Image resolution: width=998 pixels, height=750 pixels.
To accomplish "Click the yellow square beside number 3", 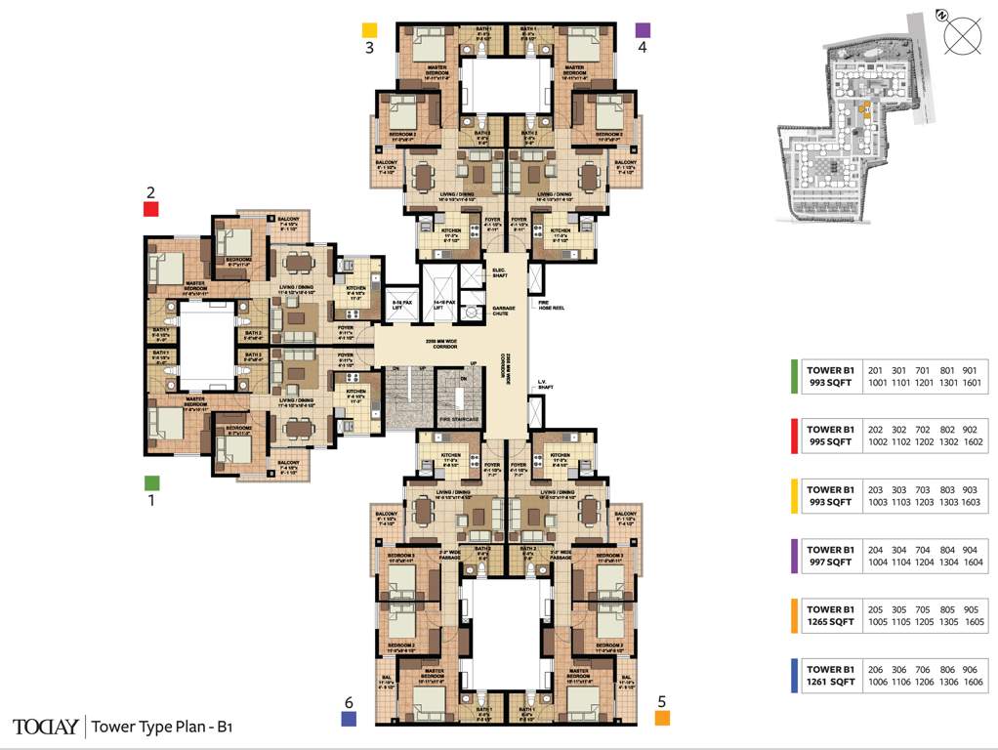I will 369,30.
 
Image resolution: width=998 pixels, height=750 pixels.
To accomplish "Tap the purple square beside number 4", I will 642,30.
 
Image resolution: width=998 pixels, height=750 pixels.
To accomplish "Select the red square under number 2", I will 151,208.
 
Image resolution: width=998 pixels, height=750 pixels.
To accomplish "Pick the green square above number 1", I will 151,482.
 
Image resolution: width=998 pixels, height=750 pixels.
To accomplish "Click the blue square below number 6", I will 348,719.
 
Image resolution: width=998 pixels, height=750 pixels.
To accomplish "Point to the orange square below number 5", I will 662,719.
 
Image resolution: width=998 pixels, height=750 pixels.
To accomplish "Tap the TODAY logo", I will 45,727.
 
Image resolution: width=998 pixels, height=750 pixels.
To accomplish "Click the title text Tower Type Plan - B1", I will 162,727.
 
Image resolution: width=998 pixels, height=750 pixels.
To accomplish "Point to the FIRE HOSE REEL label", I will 552,306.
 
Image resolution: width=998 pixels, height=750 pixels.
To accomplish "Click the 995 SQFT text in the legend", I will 830,441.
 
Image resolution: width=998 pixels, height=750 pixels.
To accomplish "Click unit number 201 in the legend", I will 876,370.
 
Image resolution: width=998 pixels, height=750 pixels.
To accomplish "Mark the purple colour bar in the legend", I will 794,556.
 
